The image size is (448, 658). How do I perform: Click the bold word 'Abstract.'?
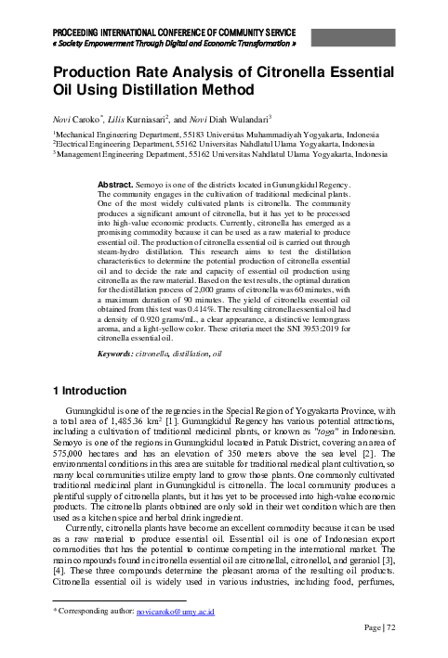(x=115, y=186)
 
